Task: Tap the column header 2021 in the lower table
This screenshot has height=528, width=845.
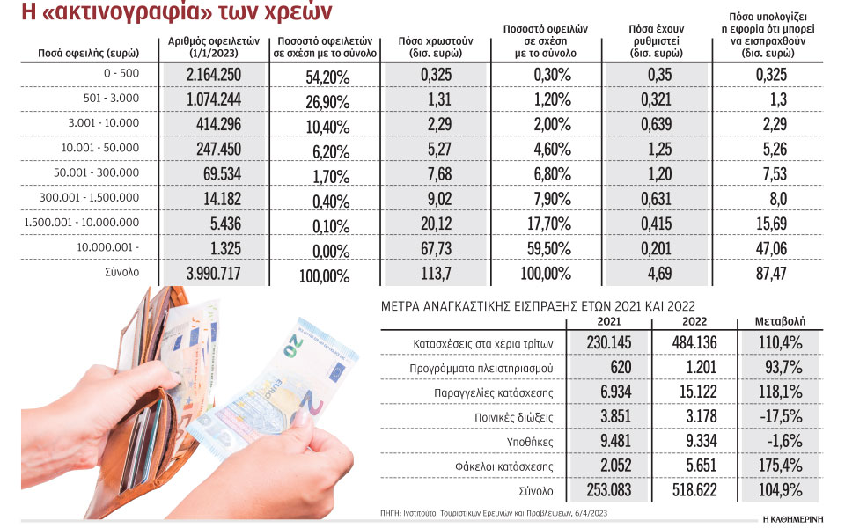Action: (x=611, y=321)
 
